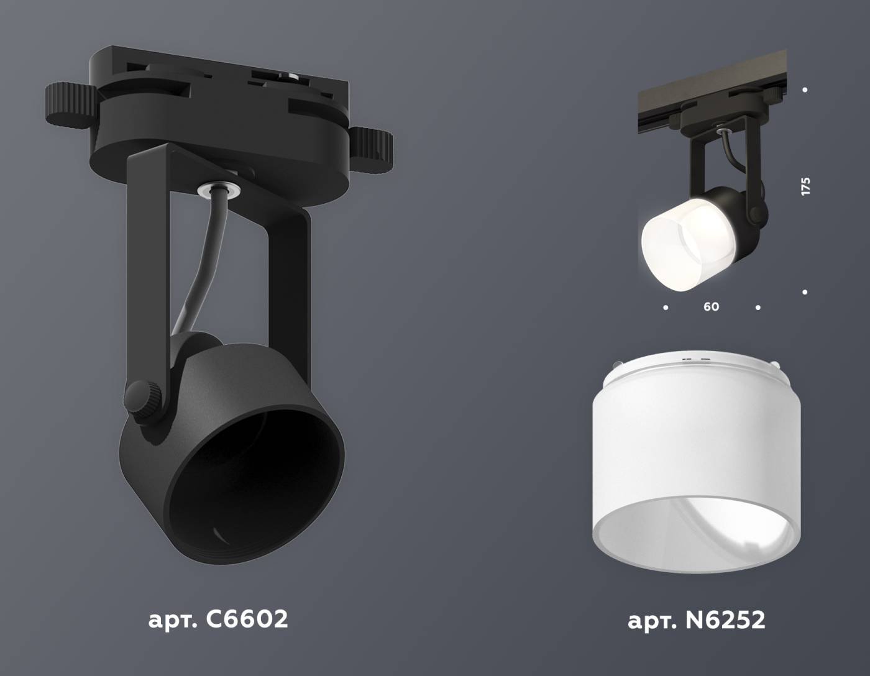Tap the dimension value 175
pos(806,186)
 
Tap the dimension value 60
pos(712,307)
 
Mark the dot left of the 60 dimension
pos(666,307)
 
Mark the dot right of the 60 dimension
pos(758,307)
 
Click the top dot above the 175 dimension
pos(805,90)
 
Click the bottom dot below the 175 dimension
pos(805,291)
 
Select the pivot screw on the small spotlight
pos(756,214)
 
